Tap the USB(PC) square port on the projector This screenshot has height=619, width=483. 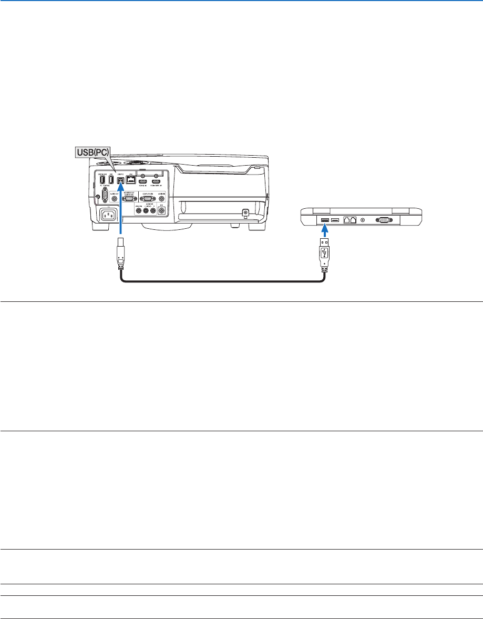120,179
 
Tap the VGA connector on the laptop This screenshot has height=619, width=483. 384,220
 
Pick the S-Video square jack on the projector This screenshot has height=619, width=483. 161,211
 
